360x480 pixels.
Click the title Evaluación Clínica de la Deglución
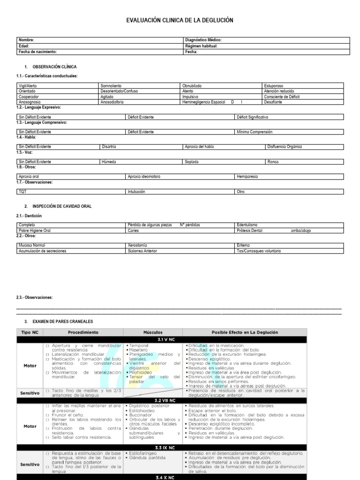point(180,21)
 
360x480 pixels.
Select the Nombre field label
point(26,40)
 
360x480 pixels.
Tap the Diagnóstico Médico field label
point(203,40)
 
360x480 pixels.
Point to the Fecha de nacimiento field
point(37,52)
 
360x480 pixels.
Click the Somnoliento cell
point(111,86)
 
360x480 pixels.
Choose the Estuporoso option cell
point(274,86)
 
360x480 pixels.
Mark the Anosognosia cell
point(30,102)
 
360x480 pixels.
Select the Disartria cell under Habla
point(109,147)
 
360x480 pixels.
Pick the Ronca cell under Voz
point(273,162)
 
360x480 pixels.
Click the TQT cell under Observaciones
point(22,192)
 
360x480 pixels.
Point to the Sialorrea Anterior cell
point(142,251)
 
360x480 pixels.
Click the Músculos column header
point(152,332)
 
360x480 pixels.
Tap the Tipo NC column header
point(30,332)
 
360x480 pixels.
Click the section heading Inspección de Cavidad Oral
point(62,206)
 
